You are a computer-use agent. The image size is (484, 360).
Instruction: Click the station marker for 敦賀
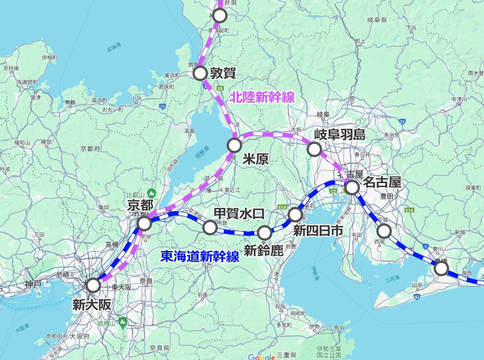201,73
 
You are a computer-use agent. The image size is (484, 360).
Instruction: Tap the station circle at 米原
234,145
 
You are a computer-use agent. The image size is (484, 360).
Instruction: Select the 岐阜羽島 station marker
314,149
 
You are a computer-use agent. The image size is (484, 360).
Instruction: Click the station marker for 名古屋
352,188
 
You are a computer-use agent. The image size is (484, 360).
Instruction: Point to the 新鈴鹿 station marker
265,232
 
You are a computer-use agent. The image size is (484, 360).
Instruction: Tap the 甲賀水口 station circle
210,228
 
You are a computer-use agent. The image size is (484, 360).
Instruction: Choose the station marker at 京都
144,224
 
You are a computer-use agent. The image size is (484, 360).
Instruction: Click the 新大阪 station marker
93,285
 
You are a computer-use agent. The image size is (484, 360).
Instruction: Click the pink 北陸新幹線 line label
262,98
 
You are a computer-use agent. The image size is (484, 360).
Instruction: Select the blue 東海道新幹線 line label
200,256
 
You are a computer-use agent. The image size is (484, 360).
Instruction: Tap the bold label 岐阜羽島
340,134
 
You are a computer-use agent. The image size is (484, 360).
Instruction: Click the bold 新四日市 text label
318,231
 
